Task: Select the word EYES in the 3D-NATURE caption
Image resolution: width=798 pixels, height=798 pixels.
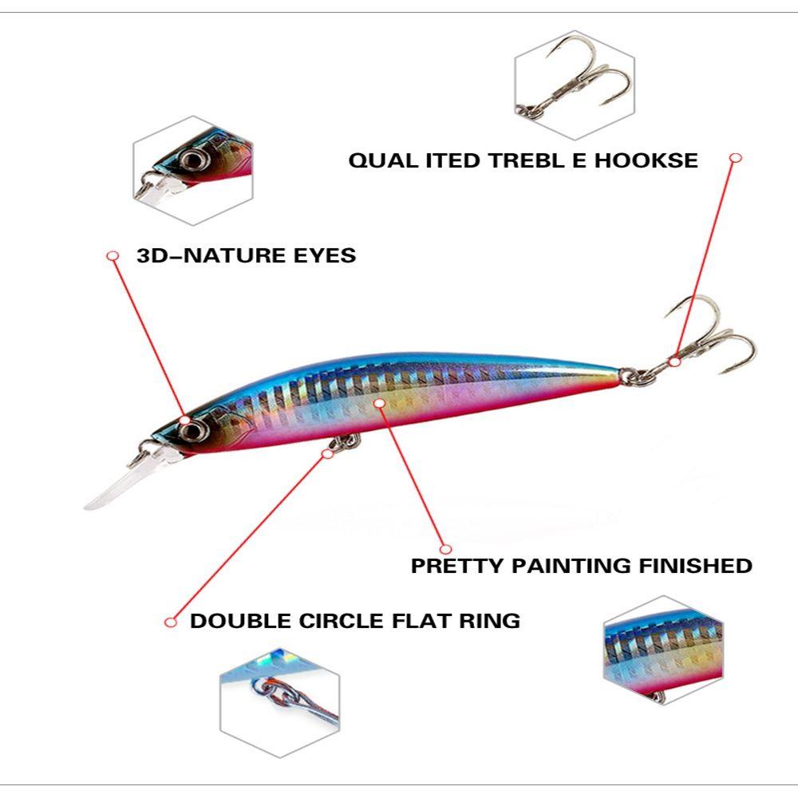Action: [x=322, y=256]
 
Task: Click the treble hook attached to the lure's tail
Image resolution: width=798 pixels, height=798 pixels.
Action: [x=706, y=339]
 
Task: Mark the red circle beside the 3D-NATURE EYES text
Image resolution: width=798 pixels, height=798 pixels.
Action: [x=113, y=255]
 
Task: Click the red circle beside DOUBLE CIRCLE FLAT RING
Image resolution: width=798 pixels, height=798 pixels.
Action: [x=169, y=622]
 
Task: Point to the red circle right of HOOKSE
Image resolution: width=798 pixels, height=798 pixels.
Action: [x=736, y=158]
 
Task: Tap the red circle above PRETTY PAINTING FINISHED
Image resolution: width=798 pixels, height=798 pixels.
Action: [x=446, y=549]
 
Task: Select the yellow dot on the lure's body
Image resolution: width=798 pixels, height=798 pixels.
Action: [x=379, y=403]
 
